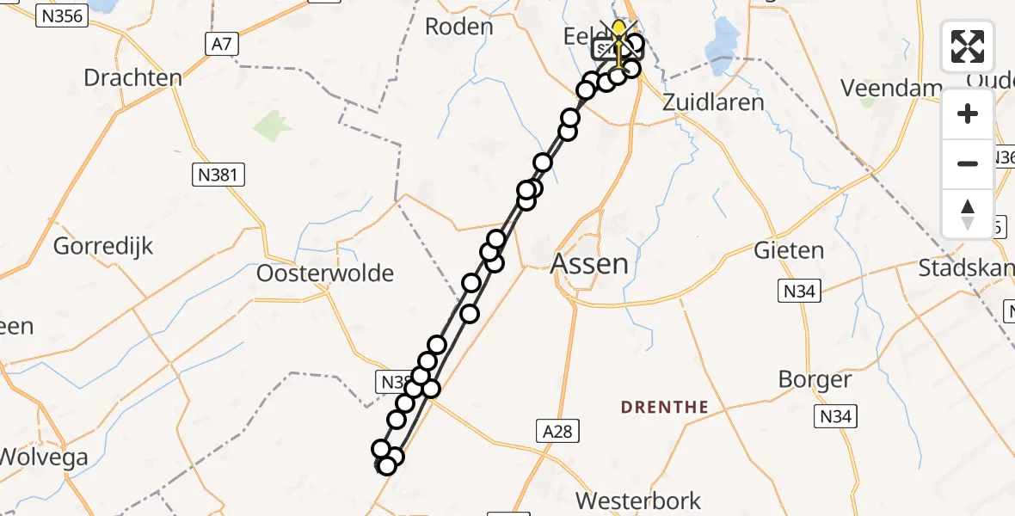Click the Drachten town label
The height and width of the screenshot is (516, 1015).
pyautogui.click(x=132, y=77)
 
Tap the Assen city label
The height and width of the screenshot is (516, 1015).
pyautogui.click(x=589, y=263)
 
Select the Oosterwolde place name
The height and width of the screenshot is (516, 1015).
pyautogui.click(x=325, y=273)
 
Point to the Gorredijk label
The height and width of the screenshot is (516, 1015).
pyautogui.click(x=103, y=246)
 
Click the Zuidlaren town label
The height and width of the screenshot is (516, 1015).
pyautogui.click(x=713, y=101)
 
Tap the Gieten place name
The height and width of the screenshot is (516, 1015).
pyautogui.click(x=789, y=251)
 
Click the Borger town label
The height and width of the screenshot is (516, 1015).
pyautogui.click(x=815, y=378)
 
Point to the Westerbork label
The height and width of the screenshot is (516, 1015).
pyautogui.click(x=637, y=501)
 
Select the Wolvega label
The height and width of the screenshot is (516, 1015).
pyautogui.click(x=45, y=457)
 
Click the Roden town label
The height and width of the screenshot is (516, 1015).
pyautogui.click(x=459, y=27)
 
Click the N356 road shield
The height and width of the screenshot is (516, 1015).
pyautogui.click(x=62, y=15)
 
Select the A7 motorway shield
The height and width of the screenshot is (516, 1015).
pyautogui.click(x=221, y=44)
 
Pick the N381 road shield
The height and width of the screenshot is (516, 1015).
pyautogui.click(x=218, y=175)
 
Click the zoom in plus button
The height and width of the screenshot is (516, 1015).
pyautogui.click(x=968, y=114)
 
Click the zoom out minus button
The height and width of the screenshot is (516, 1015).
pyautogui.click(x=968, y=163)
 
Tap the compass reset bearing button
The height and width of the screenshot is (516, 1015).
pyautogui.click(x=968, y=213)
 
